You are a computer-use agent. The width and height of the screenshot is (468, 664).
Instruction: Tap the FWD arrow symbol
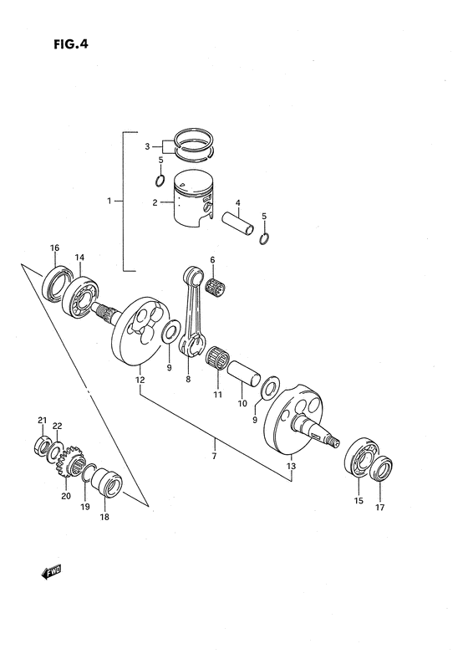[52, 572]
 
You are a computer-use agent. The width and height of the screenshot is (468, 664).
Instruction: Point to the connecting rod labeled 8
[199, 314]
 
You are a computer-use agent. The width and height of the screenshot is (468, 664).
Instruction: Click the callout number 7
[214, 455]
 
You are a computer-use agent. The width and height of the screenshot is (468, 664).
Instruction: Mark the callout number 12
[140, 380]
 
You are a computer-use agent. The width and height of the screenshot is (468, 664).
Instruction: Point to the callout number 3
[147, 146]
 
